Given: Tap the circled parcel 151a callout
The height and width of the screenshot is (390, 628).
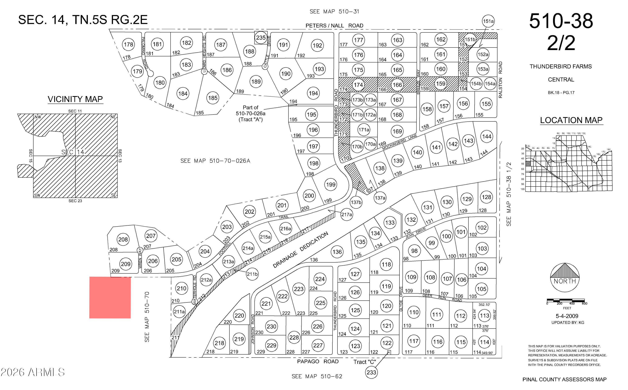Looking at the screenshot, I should click(488, 21).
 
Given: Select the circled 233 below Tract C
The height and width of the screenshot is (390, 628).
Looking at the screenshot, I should click(371, 372).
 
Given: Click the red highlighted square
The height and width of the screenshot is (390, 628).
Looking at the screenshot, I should click(110, 297).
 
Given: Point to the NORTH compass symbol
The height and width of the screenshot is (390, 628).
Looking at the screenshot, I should click(565, 278).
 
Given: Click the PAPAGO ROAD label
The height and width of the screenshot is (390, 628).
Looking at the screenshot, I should click(318, 361).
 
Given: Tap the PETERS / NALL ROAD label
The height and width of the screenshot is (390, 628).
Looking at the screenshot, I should click(334, 26).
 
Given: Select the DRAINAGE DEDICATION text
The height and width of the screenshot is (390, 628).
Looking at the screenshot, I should click(300, 250).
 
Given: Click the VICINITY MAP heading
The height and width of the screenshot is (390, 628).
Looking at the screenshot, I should click(75, 99).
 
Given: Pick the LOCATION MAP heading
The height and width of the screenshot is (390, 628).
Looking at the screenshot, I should click(571, 120).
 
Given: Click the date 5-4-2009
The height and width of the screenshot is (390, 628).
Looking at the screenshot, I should click(567, 316).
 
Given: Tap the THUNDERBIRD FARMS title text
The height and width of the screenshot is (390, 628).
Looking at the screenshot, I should click(561, 67).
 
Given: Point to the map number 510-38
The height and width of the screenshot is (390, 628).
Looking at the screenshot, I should click(561, 21).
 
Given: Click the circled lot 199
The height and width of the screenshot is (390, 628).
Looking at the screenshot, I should click(331, 185).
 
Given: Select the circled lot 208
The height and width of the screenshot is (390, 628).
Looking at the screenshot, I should click(123, 239).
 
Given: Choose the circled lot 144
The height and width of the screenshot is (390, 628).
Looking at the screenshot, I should click(487, 136).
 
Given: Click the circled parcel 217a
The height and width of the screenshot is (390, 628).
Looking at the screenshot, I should click(346, 214).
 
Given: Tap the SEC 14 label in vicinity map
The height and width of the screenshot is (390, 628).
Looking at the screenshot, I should click(73, 152).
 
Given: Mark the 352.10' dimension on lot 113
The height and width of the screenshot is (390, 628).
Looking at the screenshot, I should click(484, 305).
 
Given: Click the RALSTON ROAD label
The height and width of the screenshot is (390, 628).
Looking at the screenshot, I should click(500, 80).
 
